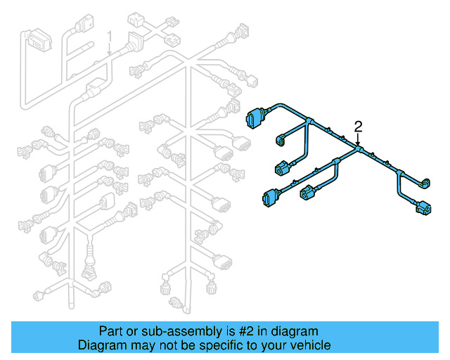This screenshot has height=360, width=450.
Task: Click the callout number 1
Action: (x=109, y=36)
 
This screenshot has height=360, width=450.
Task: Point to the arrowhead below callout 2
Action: (x=358, y=143)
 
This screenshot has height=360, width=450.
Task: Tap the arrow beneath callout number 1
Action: (x=109, y=52)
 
